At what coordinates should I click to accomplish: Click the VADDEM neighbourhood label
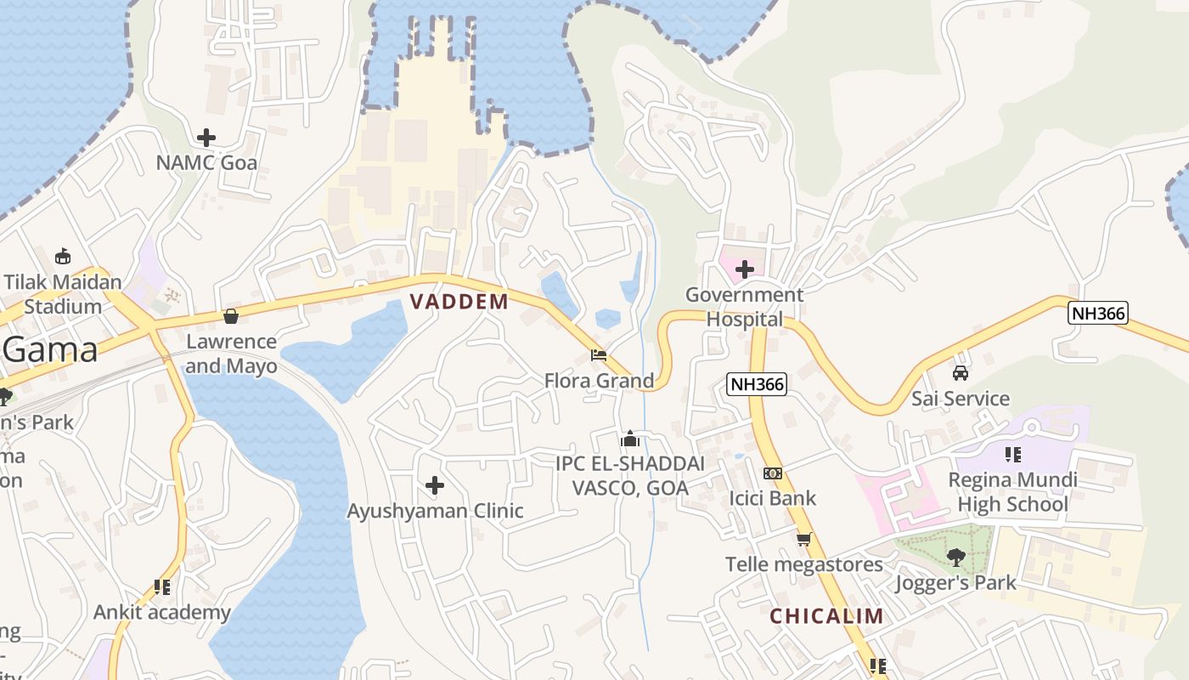coord(459,301)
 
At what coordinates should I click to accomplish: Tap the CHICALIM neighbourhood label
coord(826,616)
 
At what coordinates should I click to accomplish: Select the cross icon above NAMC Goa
coord(206,137)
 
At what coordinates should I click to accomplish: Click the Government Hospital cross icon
coord(745,269)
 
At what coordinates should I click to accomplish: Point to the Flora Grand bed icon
coord(599,354)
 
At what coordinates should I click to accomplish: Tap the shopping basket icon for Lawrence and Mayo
coord(230,316)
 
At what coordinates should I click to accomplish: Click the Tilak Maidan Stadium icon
coord(62,256)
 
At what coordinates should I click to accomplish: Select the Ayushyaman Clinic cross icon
coord(434,485)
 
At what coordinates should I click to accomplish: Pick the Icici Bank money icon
coord(772,473)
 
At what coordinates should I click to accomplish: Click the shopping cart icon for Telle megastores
coord(803,539)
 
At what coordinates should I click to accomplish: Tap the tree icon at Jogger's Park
coord(955,558)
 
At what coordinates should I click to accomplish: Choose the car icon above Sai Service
coord(960,373)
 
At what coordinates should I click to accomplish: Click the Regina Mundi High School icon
coord(1011,454)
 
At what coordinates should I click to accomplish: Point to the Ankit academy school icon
coord(161,587)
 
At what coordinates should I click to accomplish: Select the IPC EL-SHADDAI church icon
coord(629,439)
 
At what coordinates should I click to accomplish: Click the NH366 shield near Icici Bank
coord(757,384)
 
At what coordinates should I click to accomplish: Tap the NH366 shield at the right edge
coord(1097,313)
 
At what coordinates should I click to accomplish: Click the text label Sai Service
coord(960,399)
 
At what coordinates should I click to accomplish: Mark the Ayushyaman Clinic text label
coord(435,511)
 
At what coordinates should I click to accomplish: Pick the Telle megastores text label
coord(803,564)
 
